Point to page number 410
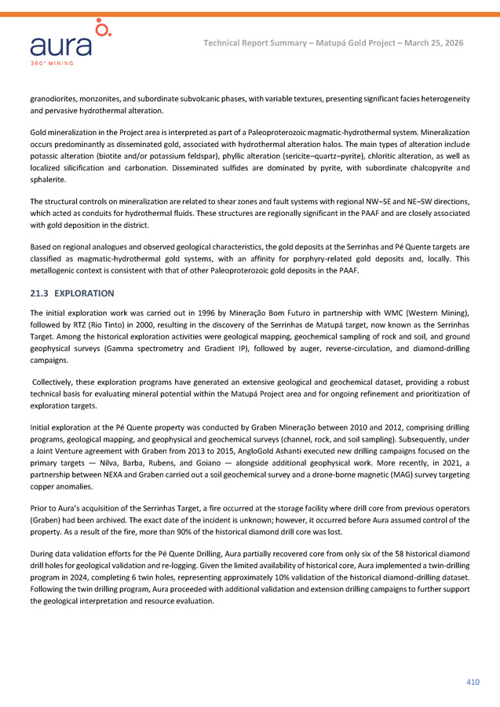click(x=472, y=682)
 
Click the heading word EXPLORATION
click(x=85, y=293)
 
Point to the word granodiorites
click(x=56, y=100)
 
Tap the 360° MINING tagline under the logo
click(x=52, y=62)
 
